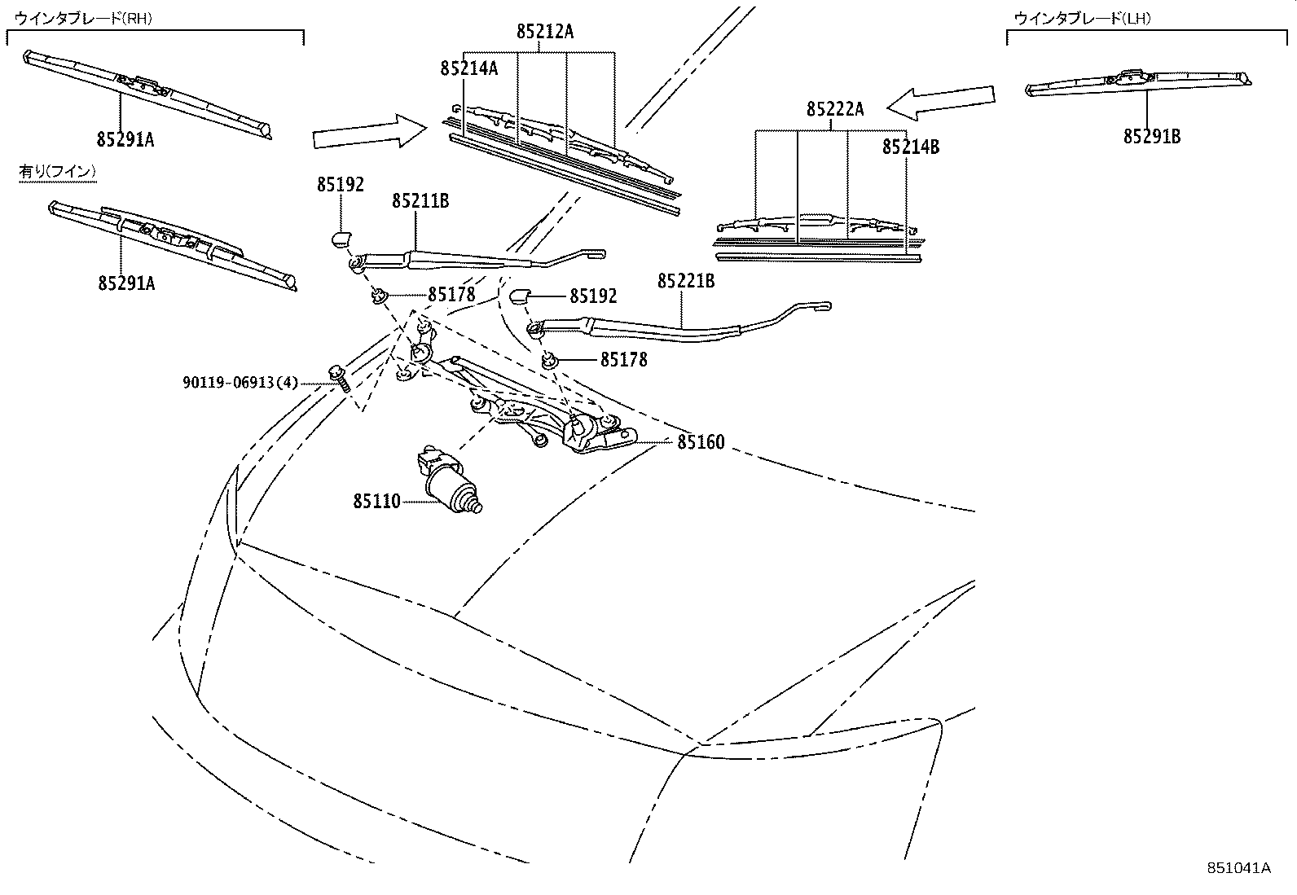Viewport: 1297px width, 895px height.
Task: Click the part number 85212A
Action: point(544,32)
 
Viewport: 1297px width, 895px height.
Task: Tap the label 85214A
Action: point(468,68)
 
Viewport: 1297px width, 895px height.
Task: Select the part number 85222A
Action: point(835,109)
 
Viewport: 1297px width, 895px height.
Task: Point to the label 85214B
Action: point(910,147)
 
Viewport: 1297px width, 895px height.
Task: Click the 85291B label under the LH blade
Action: point(1151,137)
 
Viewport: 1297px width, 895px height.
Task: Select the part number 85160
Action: point(701,443)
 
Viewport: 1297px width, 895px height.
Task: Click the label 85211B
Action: point(420,200)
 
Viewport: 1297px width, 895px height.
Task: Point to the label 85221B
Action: point(686,281)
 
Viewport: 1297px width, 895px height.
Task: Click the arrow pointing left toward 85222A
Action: point(941,100)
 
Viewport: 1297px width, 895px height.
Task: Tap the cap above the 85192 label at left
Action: point(340,238)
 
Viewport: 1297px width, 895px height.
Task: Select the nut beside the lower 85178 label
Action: point(551,359)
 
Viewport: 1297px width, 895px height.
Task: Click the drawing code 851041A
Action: point(1238,867)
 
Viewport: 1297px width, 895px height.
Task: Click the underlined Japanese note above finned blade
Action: point(58,171)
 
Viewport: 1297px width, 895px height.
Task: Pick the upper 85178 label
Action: point(451,295)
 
